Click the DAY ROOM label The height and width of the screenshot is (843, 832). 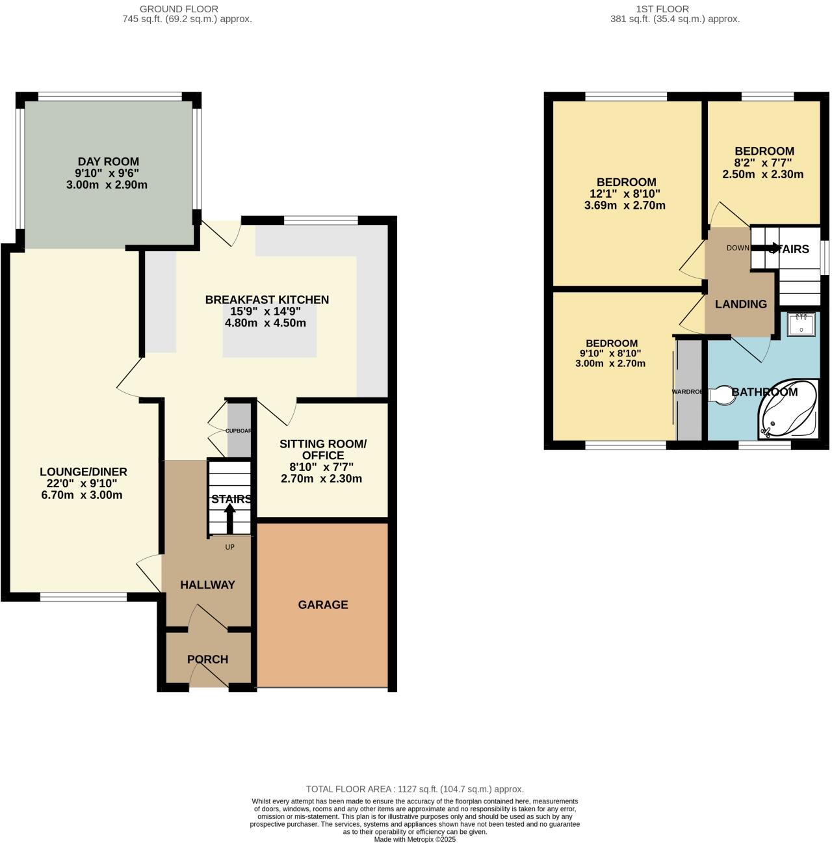[x=108, y=161]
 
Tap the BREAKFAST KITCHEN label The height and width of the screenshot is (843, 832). [x=266, y=300]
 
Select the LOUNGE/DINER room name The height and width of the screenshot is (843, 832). [x=83, y=472]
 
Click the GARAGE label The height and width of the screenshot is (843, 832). [x=323, y=605]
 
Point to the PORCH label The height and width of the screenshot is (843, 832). [x=207, y=660]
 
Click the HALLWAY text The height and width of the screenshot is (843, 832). [x=207, y=585]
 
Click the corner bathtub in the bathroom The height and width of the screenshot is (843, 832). [x=788, y=410]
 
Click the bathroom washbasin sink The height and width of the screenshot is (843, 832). [x=801, y=323]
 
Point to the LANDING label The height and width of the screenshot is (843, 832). [x=740, y=304]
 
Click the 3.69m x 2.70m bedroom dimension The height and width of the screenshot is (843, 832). [x=625, y=206]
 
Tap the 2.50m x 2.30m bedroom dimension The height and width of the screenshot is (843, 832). [x=763, y=174]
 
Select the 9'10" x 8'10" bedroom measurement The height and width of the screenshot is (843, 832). [x=610, y=353]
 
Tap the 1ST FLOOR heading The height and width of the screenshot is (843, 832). [x=662, y=9]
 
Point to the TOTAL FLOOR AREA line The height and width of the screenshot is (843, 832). [x=415, y=789]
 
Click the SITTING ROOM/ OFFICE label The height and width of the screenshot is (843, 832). [x=323, y=449]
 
